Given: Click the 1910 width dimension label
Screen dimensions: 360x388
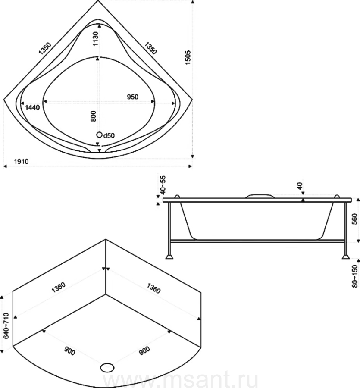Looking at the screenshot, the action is point(21,162).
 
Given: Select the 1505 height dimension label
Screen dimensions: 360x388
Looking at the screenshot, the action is point(188,58).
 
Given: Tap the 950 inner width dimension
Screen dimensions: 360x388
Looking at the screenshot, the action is point(133,97).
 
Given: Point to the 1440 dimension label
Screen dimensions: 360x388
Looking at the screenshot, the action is point(32,107).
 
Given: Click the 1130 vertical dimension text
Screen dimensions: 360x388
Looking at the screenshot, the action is point(96,39).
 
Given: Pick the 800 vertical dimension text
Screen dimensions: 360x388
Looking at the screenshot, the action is point(93,116).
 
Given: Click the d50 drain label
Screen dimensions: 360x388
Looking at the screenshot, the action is point(109,135).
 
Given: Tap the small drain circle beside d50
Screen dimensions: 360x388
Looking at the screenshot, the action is point(99,135).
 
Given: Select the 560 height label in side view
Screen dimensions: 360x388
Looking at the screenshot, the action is point(355,219).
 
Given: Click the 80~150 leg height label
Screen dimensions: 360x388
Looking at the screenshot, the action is point(355,276).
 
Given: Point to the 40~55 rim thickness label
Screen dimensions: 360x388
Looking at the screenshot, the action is point(163,185).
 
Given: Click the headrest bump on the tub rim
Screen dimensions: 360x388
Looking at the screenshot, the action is point(260,196).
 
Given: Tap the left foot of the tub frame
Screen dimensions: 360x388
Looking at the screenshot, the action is point(169,257).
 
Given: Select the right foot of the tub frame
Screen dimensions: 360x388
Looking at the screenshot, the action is point(346,257).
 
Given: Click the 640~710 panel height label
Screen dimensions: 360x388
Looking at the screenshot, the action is point(6,325).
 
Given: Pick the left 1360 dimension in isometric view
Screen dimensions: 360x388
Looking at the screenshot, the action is point(58,287).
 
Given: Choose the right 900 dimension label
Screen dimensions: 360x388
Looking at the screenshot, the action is point(144,351).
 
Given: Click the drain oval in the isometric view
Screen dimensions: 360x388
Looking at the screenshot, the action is point(107,367).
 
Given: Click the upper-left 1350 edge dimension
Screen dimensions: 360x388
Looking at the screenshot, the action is point(45,48).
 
